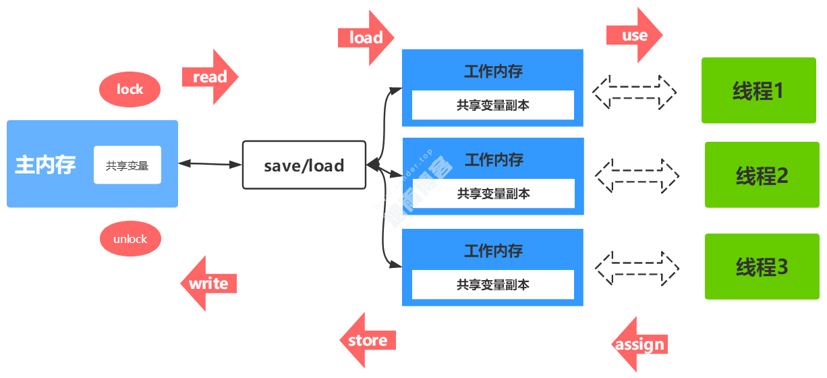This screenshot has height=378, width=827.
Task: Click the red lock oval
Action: point(130,89)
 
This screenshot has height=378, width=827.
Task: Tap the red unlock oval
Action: point(130,239)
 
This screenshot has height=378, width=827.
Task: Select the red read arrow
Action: point(210,77)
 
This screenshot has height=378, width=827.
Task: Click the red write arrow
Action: point(208,283)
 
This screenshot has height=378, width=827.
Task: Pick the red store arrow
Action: point(368,340)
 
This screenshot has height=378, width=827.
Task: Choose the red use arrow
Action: point(634,35)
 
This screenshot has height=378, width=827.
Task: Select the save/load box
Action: point(304,165)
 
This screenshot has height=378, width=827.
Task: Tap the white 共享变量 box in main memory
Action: point(127,165)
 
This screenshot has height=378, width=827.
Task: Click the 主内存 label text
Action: point(46,165)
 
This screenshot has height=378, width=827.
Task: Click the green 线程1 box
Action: point(758,90)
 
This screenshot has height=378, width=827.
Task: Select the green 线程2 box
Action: point(762,175)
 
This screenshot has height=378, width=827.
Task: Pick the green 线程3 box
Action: point(762,267)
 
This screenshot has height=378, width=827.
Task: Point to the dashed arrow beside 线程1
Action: point(634,92)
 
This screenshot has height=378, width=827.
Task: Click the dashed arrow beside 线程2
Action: point(637,177)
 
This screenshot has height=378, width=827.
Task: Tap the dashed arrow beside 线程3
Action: point(637,267)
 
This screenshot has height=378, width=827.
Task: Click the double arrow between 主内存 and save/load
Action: point(210,164)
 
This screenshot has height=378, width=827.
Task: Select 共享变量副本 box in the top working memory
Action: point(492,105)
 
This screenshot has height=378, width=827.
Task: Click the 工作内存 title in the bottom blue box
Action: point(493,251)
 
